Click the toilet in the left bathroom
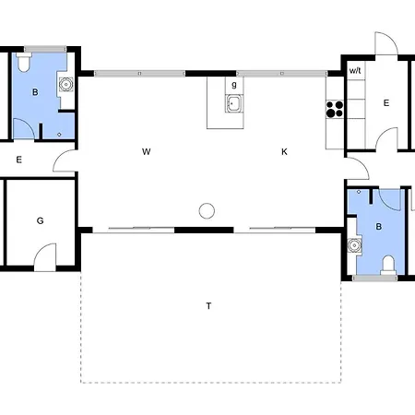pyautogui.click(x=24, y=63)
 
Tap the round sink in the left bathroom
pyautogui.click(x=65, y=84)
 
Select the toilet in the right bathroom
pyautogui.click(x=388, y=265)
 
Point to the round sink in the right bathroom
pyautogui.click(x=354, y=245)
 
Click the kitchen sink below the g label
pyautogui.click(x=234, y=103)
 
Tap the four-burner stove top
pyautogui.click(x=335, y=109)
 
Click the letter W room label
pyautogui.click(x=147, y=151)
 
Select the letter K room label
pyautogui.click(x=284, y=151)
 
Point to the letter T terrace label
pyautogui.click(x=208, y=306)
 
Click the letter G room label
pyautogui.click(x=40, y=220)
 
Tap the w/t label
pyautogui.click(x=355, y=70)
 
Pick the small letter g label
pyautogui.click(x=234, y=85)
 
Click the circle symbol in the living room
pyautogui.click(x=207, y=211)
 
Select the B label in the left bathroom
pyautogui.click(x=35, y=92)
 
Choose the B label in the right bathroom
pyautogui.click(x=379, y=227)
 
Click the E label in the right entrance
pyautogui.click(x=386, y=103)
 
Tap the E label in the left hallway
pyautogui.click(x=19, y=160)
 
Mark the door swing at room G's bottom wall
pyautogui.click(x=45, y=257)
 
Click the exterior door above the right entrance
pyautogui.click(x=386, y=43)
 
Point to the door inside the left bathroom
pyautogui.click(x=23, y=128)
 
